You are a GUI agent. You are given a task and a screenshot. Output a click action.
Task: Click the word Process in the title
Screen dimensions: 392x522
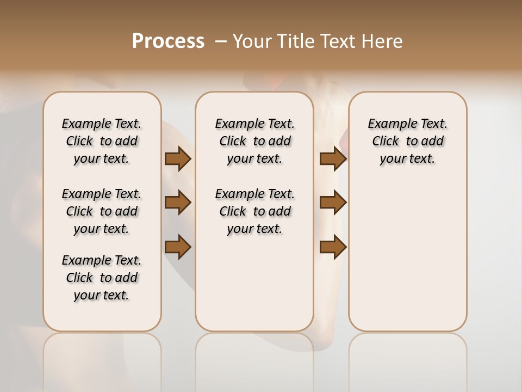[x=168, y=41]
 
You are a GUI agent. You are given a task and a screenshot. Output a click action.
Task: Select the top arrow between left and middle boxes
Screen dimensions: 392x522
[x=178, y=158]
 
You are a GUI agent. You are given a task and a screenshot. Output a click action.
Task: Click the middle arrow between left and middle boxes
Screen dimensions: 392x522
[x=178, y=203]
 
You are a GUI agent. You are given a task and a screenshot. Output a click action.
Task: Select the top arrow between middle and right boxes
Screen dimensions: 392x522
[x=333, y=158]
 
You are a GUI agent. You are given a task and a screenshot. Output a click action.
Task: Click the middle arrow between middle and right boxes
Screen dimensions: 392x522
[x=333, y=203]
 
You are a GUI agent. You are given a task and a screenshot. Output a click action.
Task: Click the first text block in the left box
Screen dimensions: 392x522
[x=102, y=141]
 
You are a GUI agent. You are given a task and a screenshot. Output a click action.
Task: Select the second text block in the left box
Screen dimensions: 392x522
[x=102, y=211]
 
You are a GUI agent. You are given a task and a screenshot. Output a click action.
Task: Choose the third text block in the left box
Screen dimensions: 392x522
[x=102, y=278]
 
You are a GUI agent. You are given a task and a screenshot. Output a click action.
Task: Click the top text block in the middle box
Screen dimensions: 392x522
[x=254, y=141]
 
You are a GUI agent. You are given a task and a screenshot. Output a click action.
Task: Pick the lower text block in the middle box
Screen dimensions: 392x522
[x=254, y=211]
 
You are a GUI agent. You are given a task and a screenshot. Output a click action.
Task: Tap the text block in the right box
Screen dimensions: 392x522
[x=407, y=141]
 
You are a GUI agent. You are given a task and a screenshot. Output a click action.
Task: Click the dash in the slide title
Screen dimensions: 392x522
[x=220, y=41]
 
